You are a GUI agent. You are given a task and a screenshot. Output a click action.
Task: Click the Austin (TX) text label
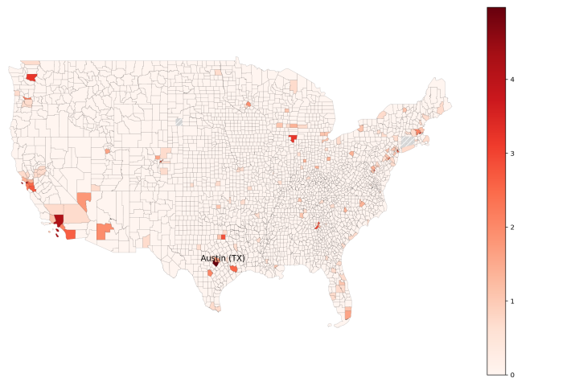223,258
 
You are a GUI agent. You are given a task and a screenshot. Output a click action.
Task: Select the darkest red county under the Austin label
216,264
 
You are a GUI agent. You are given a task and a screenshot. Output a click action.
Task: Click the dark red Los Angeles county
59,220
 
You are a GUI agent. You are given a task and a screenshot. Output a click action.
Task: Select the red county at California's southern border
70,235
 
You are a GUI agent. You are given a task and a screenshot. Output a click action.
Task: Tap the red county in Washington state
31,77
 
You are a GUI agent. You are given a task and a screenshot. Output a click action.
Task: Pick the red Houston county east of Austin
233,269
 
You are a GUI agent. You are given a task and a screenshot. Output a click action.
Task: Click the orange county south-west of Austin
210,273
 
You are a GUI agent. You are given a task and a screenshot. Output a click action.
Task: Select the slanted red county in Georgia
318,226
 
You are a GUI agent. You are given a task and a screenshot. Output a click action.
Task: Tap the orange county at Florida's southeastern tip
347,314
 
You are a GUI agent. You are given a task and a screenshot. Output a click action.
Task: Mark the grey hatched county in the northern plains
179,121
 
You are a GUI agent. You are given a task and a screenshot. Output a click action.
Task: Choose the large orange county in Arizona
104,232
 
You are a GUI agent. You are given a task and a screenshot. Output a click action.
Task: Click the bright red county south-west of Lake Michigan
294,138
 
